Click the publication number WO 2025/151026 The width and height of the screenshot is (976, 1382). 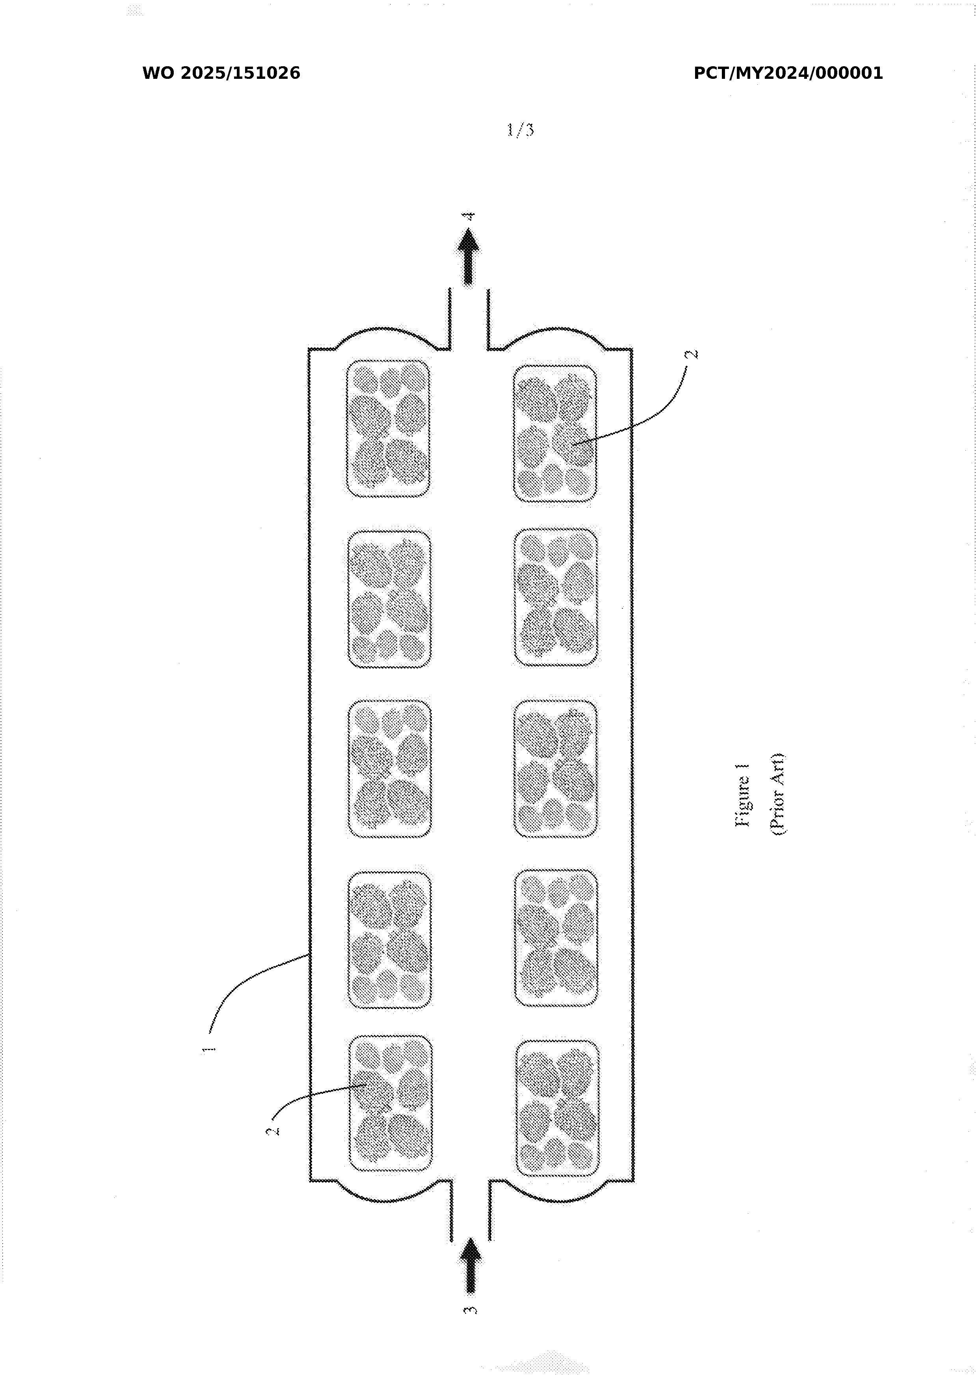click(221, 73)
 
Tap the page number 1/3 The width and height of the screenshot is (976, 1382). click(520, 129)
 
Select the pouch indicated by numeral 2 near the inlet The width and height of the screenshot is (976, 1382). click(390, 1103)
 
